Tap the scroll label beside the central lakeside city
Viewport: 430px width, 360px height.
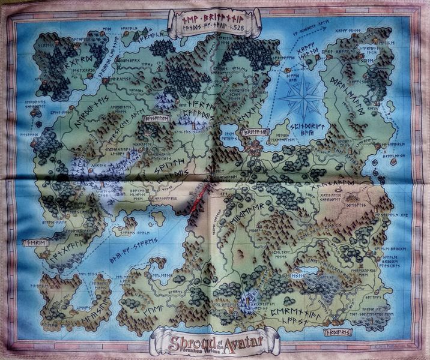click(252, 133)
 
